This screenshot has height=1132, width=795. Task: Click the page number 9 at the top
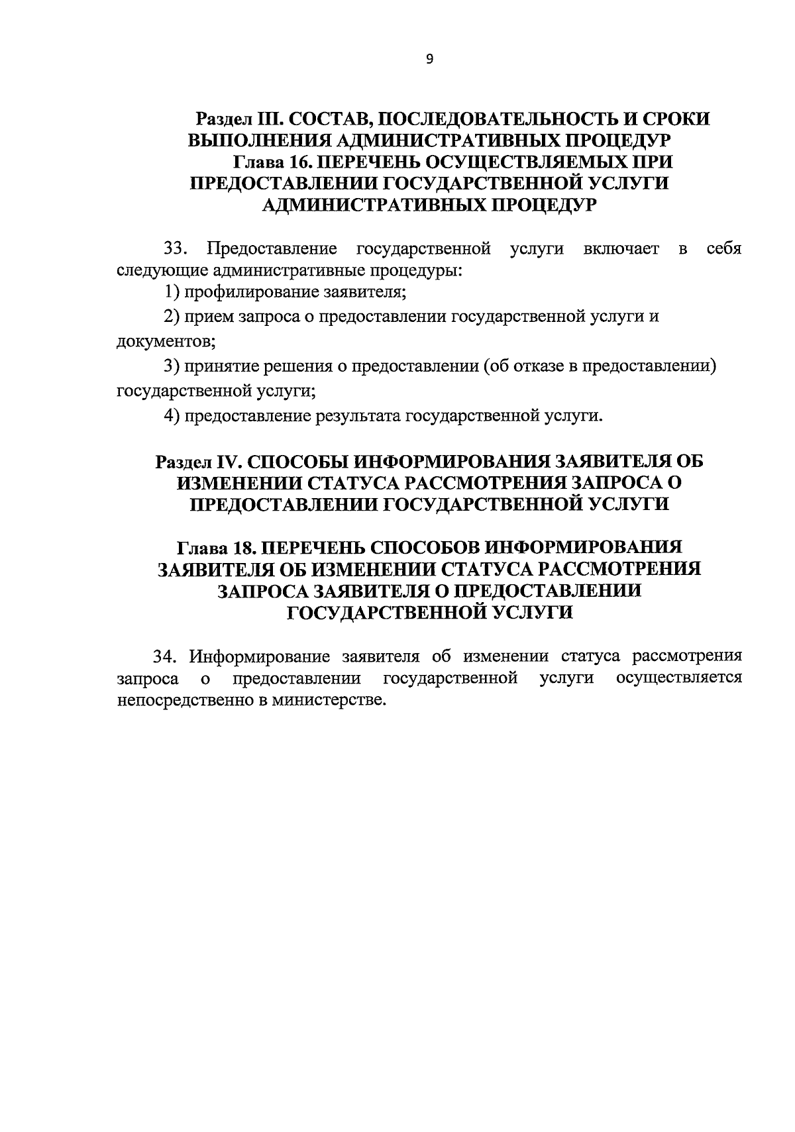point(429,60)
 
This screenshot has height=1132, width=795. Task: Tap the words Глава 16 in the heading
point(270,162)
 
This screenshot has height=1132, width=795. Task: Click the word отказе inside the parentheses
point(543,366)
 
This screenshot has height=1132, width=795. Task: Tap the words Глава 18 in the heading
point(214,548)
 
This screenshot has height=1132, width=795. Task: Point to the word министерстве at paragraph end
point(327,700)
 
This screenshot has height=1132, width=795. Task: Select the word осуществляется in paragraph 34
point(678,678)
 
